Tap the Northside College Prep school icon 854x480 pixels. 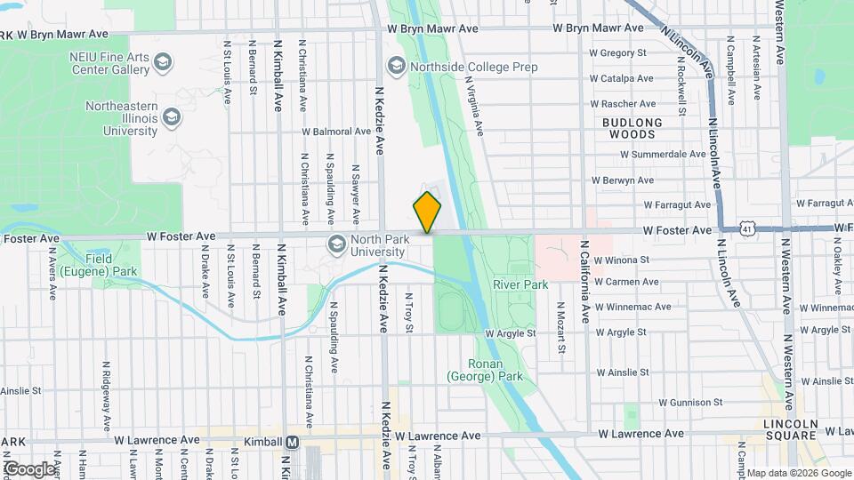396,67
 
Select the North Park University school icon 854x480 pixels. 337,244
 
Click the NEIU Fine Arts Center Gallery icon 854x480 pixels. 163,62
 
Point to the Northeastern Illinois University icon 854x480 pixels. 172,118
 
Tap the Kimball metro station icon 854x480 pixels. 292,442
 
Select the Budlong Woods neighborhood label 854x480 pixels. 632,128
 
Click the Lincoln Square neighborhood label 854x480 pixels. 791,429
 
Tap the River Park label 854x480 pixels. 521,284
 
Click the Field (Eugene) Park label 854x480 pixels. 105,265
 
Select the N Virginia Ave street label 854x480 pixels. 473,104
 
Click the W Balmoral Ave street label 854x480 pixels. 335,131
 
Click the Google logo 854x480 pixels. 28,468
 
